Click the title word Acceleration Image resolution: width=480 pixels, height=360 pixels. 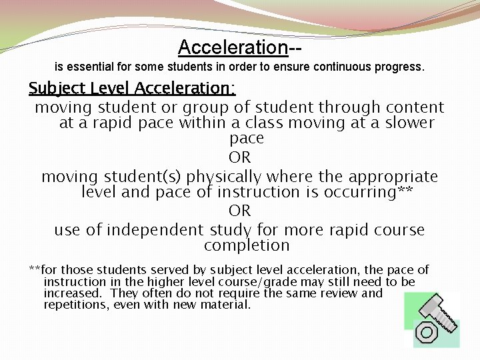tap(233, 47)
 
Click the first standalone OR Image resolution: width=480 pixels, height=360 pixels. tap(239, 158)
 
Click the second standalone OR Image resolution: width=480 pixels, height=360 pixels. tap(239, 211)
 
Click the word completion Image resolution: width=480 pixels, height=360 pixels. tap(247, 245)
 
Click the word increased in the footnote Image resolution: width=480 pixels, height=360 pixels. tap(72, 293)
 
